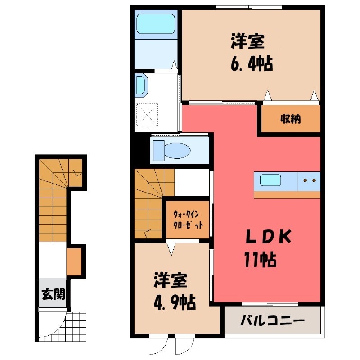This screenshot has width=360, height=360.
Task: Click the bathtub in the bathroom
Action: tap(156, 23)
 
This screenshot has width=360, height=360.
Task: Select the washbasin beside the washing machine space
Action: tap(141, 86)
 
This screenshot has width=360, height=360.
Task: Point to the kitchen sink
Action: tap(269, 180)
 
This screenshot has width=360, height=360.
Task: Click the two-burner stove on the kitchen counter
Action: tap(309, 180)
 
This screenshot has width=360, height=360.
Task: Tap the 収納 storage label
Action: tap(291, 120)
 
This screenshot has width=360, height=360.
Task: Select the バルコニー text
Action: tap(273, 321)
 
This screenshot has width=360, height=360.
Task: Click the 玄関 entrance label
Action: tap(54, 295)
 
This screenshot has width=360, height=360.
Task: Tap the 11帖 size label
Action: tap(260, 260)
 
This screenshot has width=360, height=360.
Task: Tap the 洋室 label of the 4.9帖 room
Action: tap(170, 280)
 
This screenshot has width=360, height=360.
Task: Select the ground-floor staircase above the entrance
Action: tap(53, 198)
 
